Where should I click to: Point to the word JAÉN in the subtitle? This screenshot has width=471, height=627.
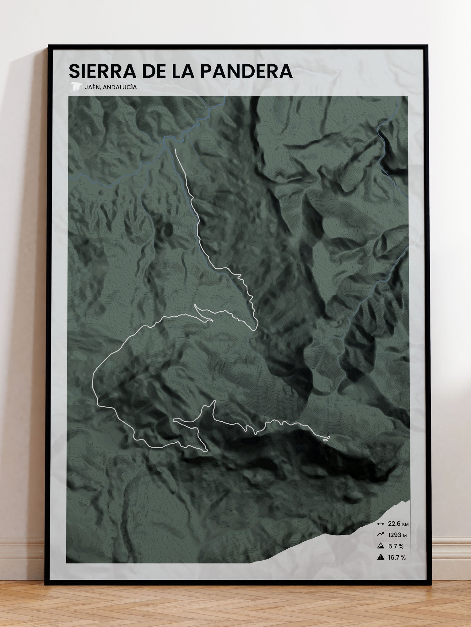93,87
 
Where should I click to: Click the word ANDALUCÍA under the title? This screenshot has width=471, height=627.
120,87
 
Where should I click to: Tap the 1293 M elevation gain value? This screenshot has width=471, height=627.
397,535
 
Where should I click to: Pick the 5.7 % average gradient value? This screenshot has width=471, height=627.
396,546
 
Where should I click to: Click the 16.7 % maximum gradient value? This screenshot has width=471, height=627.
397,557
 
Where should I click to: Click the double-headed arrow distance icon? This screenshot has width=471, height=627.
381,524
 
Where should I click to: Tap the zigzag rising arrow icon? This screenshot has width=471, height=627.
381,535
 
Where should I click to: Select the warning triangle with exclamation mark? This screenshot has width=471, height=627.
381,557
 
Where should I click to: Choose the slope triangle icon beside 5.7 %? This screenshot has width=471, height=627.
381,546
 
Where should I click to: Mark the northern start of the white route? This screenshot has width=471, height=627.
175,149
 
